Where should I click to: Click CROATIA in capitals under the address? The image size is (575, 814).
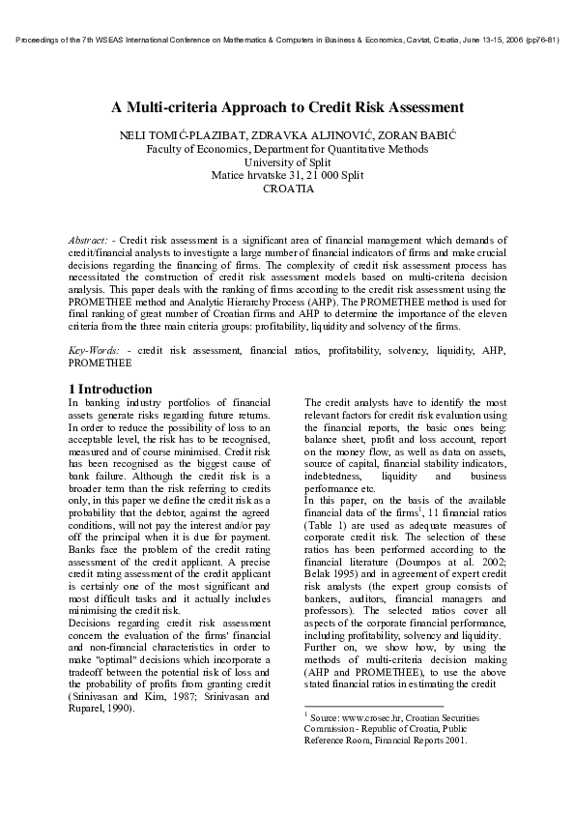(x=288, y=189)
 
